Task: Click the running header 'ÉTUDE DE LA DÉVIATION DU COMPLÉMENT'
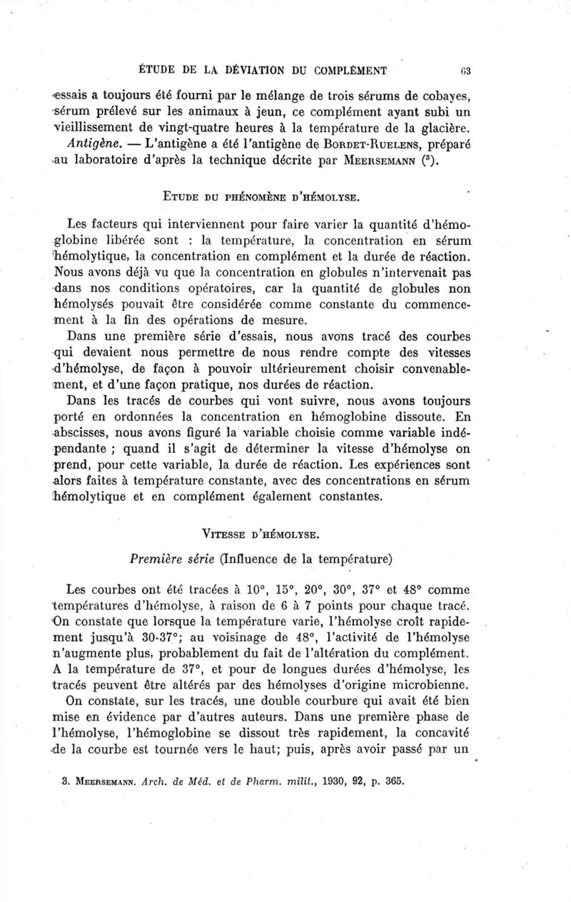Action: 262,70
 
